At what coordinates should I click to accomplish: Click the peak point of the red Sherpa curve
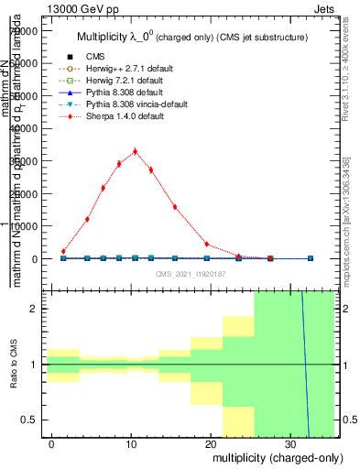pyautogui.click(x=135, y=151)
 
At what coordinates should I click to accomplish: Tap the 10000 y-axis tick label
pyautogui.click(x=24, y=226)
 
